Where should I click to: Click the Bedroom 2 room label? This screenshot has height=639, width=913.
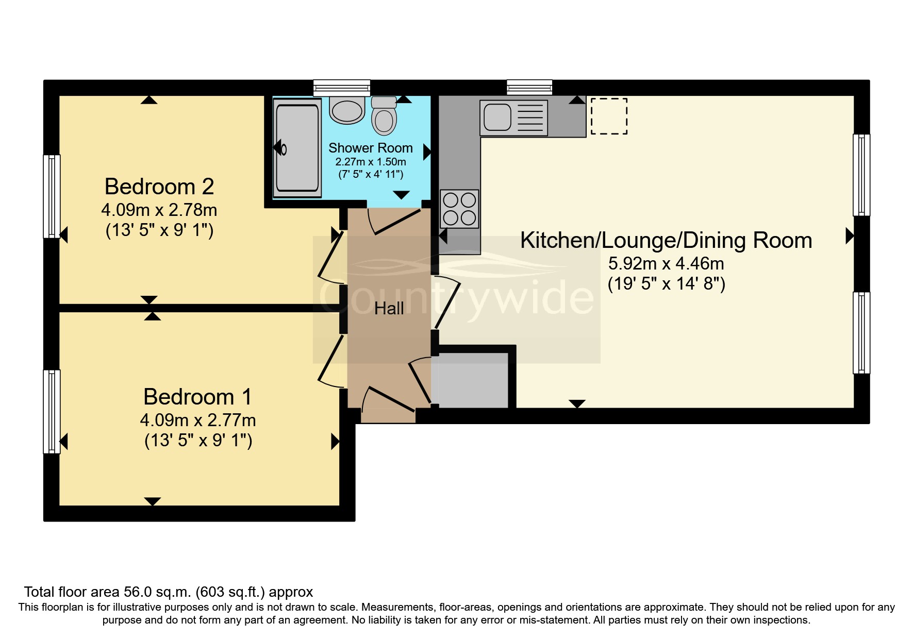(159, 187)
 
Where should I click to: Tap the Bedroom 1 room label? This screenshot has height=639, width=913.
(197, 397)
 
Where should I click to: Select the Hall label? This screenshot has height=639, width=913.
(389, 309)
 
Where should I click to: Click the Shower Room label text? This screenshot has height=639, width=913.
(370, 148)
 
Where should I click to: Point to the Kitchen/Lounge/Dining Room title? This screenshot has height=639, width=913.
(666, 241)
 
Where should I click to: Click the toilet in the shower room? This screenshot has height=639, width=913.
(384, 116)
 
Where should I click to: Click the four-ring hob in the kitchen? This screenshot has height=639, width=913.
(459, 209)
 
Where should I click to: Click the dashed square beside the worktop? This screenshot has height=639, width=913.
(609, 116)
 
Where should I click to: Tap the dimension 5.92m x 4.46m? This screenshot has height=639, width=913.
(666, 264)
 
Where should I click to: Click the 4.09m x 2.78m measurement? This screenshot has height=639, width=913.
(159, 210)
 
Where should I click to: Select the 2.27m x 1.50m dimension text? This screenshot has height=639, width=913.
(370, 162)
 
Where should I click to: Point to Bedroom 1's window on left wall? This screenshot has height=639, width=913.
(52, 411)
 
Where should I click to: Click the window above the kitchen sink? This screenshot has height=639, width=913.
(529, 87)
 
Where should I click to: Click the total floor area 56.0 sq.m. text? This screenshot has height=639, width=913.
(168, 592)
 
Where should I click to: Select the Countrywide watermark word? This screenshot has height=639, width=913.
(456, 297)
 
